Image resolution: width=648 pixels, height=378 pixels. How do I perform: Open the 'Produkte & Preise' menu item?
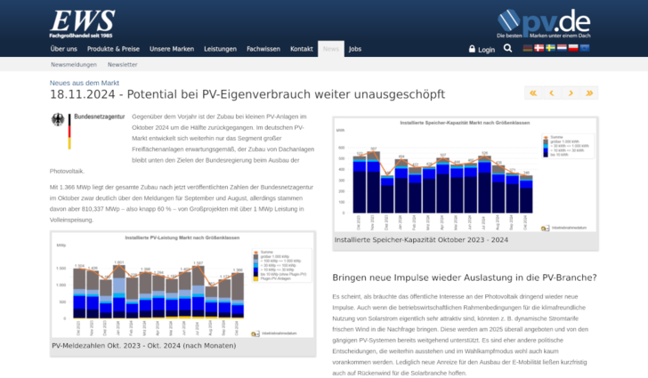pyautogui.click(x=113, y=49)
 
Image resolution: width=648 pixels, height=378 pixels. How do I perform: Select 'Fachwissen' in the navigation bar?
pyautogui.click(x=263, y=49)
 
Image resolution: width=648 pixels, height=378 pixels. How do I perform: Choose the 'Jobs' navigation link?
pyautogui.click(x=355, y=49)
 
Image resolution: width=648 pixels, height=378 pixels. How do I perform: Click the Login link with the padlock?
pyautogui.click(x=482, y=49)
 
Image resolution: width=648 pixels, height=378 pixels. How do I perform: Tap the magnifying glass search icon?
pyautogui.click(x=508, y=49)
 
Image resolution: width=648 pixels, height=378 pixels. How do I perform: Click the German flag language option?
pyautogui.click(x=528, y=48)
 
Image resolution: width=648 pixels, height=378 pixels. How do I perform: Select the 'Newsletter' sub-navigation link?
pyautogui.click(x=122, y=65)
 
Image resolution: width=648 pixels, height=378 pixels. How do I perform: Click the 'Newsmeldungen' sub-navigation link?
pyautogui.click(x=75, y=65)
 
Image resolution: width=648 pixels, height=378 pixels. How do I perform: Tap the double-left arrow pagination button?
pyautogui.click(x=532, y=92)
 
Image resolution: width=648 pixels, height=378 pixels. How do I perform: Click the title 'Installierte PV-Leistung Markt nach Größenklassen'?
pyautogui.click(x=182, y=238)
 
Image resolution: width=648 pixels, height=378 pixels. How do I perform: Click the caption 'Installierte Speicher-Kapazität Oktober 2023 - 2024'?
pyautogui.click(x=421, y=239)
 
